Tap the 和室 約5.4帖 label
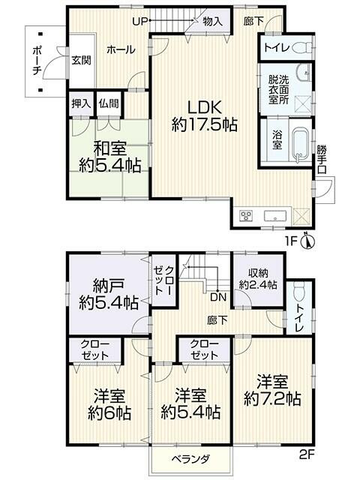(109, 155)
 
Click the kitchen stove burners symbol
(246, 215)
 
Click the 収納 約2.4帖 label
(257, 279)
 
